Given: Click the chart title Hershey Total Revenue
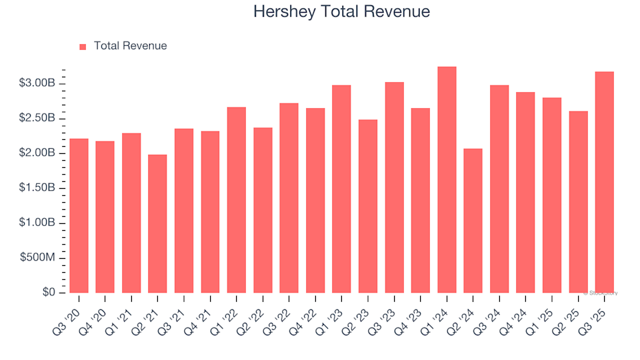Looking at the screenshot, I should [x=341, y=12].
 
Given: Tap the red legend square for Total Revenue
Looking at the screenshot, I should [x=83, y=47].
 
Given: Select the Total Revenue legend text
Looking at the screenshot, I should [x=130, y=46].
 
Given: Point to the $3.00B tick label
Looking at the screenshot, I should [x=37, y=83].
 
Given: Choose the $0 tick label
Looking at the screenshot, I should [x=48, y=293].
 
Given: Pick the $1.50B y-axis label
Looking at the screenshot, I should [x=37, y=188].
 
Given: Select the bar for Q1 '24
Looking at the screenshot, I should [x=447, y=180].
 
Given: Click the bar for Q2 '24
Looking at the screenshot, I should [x=473, y=221].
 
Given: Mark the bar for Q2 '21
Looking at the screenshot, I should [x=157, y=224].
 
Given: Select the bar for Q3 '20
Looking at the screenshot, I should [x=79, y=216].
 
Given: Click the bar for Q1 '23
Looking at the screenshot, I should [x=341, y=189].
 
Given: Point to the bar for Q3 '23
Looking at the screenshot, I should [x=394, y=187].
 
